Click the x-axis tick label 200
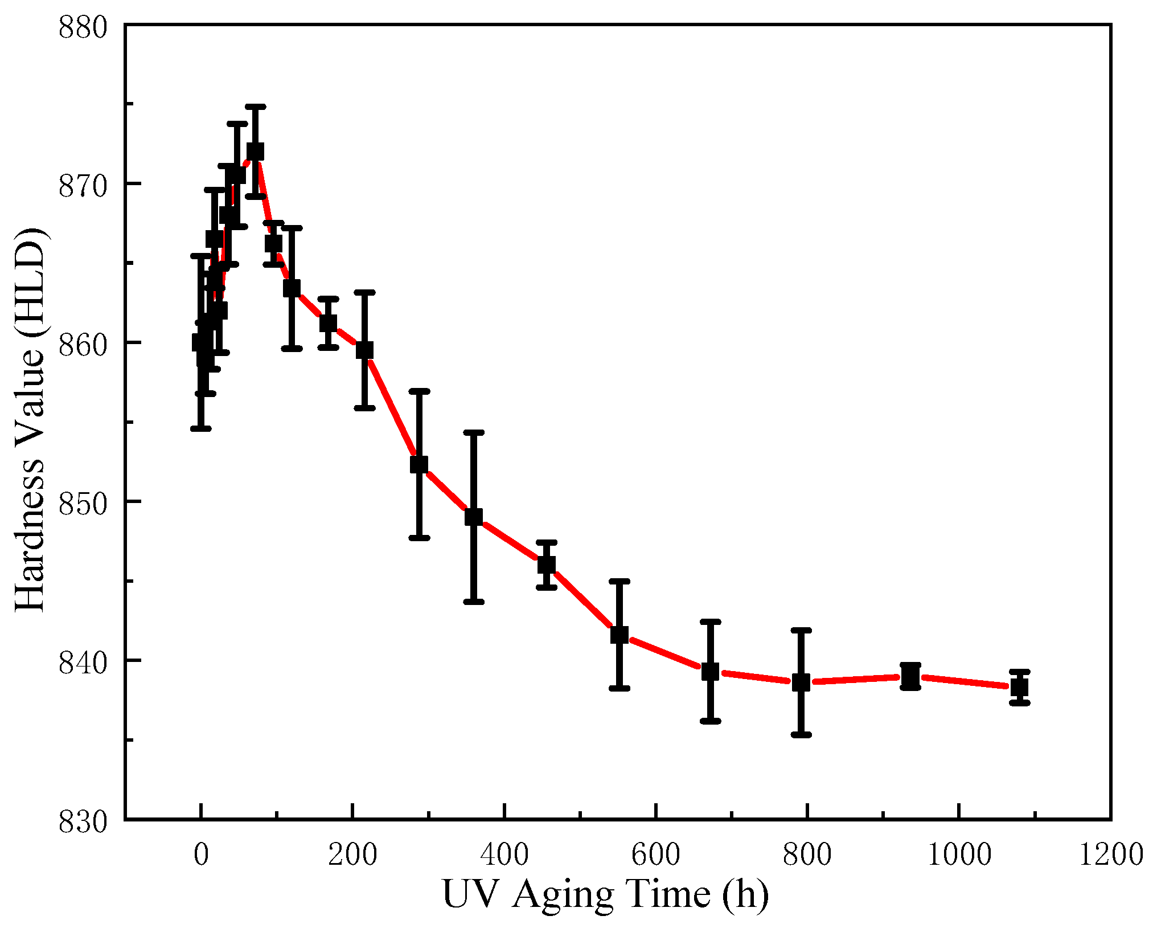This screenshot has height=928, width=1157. [352, 855]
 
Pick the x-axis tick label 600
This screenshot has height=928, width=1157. [656, 855]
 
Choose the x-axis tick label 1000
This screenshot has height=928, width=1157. [959, 855]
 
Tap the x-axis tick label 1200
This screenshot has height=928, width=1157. [1111, 855]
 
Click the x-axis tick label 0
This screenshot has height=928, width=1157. [201, 855]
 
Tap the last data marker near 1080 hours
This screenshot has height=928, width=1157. [1019, 687]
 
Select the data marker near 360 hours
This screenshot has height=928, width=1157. [474, 517]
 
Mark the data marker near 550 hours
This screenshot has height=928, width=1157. [619, 635]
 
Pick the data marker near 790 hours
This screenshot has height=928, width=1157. [801, 682]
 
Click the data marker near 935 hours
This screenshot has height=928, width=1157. [910, 677]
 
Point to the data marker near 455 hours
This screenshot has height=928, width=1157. [547, 565]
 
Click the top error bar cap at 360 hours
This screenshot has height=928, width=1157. [474, 433]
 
